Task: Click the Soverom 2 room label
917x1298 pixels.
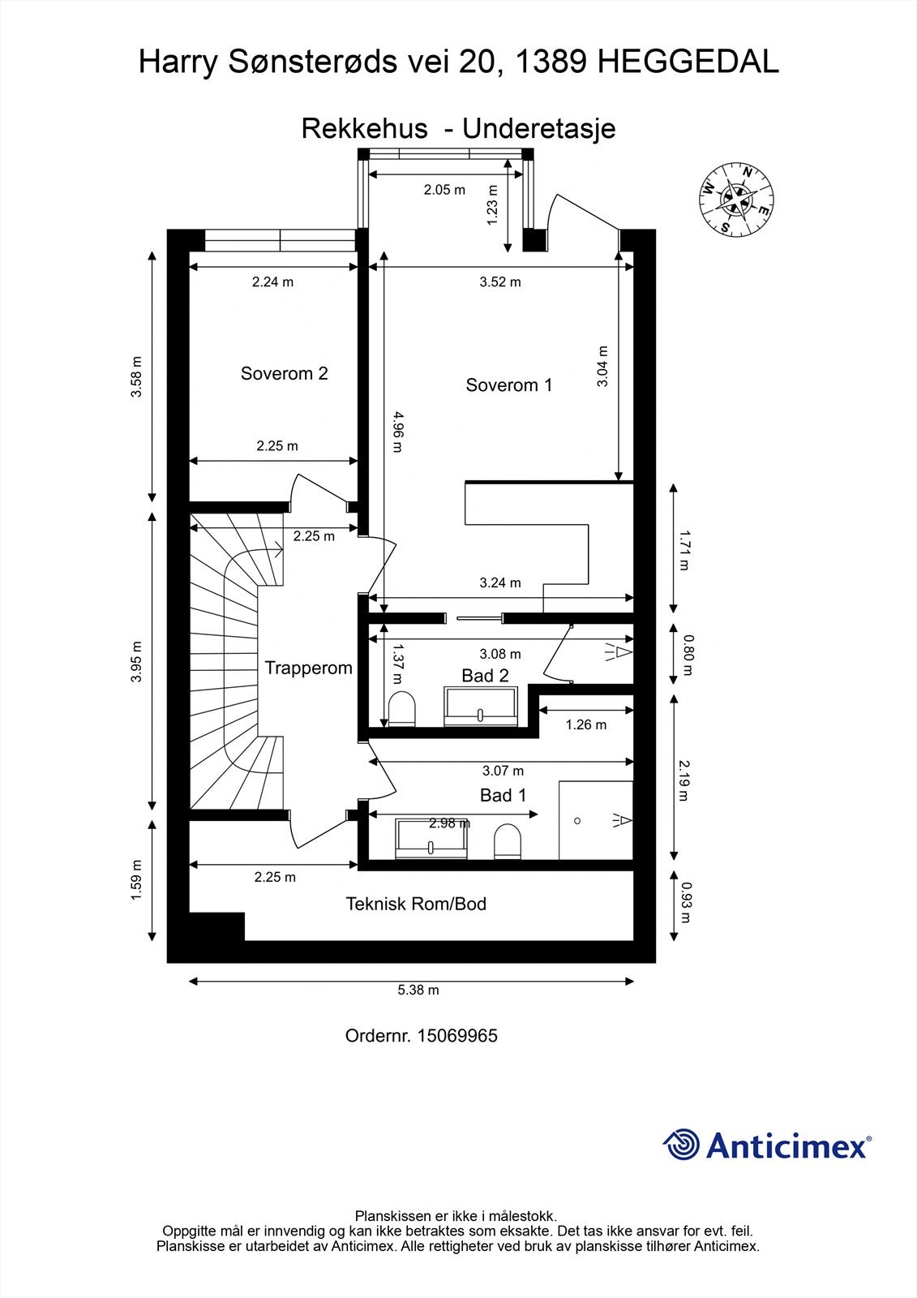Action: pos(284,373)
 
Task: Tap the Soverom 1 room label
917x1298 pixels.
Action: pos(508,385)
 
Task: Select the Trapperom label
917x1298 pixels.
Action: pos(308,668)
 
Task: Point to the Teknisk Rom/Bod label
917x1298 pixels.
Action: pos(416,904)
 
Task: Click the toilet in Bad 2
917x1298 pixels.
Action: pos(402,708)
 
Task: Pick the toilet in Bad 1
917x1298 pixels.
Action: pos(508,842)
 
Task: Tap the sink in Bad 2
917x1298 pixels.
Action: pos(481,707)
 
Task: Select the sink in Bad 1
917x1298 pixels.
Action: pos(431,839)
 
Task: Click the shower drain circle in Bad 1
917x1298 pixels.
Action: pos(577,820)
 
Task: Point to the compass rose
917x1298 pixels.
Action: pos(736,200)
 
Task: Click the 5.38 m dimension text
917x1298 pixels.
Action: pos(418,990)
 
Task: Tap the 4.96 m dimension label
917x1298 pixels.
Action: pos(397,432)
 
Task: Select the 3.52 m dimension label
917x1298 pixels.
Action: pos(500,282)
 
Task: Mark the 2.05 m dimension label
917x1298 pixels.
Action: pos(444,190)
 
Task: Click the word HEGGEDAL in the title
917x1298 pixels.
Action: pos(688,62)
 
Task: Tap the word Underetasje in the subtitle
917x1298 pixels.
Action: pos(538,129)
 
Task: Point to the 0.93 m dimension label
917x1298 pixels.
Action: pos(687,902)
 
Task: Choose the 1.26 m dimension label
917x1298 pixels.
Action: pos(585,725)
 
